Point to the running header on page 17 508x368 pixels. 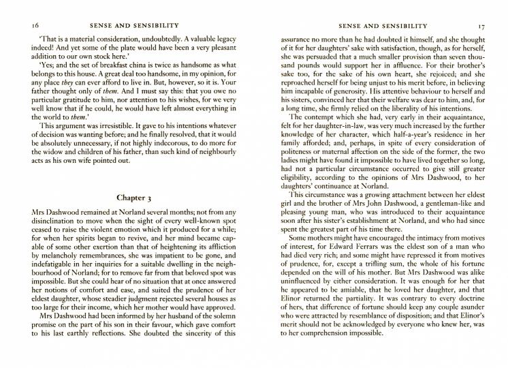tap(372, 25)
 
